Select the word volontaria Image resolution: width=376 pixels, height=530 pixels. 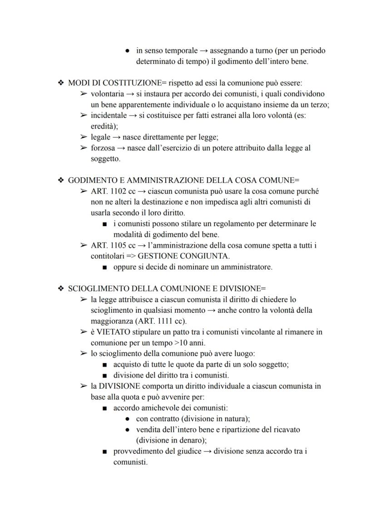coord(107,94)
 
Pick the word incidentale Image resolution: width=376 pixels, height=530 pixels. coord(109,116)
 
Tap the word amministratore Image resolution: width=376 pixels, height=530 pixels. coord(246,267)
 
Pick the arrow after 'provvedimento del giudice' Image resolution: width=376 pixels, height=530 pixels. coord(207,452)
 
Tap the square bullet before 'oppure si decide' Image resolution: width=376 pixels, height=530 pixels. coord(105,267)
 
